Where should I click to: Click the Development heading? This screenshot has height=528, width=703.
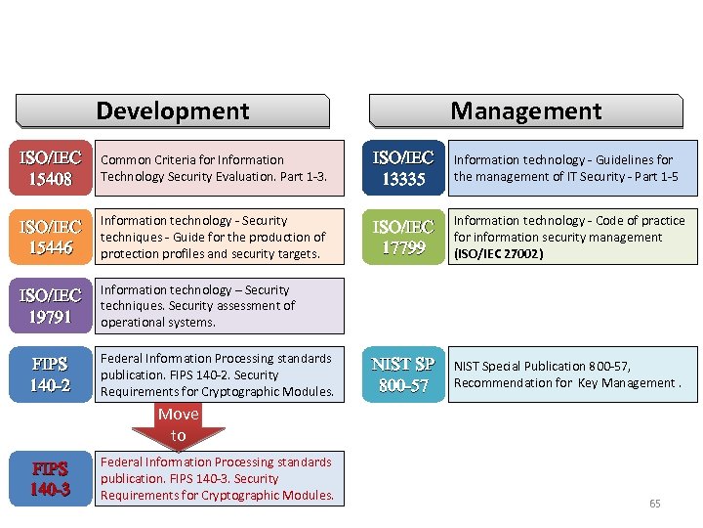pyautogui.click(x=173, y=110)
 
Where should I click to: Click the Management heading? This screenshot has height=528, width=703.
pyautogui.click(x=525, y=110)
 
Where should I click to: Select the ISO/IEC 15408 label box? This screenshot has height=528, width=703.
pyautogui.click(x=51, y=168)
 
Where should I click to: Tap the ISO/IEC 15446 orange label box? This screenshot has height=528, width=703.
pyautogui.click(x=51, y=237)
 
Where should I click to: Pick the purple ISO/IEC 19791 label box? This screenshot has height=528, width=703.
pyautogui.click(x=51, y=305)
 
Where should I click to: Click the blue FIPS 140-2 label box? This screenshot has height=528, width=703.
pyautogui.click(x=51, y=374)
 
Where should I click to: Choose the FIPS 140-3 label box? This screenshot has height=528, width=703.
pyautogui.click(x=51, y=478)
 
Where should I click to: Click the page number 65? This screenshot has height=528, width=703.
pyautogui.click(x=654, y=504)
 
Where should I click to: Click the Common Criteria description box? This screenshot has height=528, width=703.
pyautogui.click(x=220, y=168)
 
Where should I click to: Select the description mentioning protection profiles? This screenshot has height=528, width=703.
pyautogui.click(x=220, y=237)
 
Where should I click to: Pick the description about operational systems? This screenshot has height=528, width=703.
pyautogui.click(x=220, y=305)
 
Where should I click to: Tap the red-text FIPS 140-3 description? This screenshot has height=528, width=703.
pyautogui.click(x=220, y=478)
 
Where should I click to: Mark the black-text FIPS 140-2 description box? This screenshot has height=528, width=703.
pyautogui.click(x=220, y=374)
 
